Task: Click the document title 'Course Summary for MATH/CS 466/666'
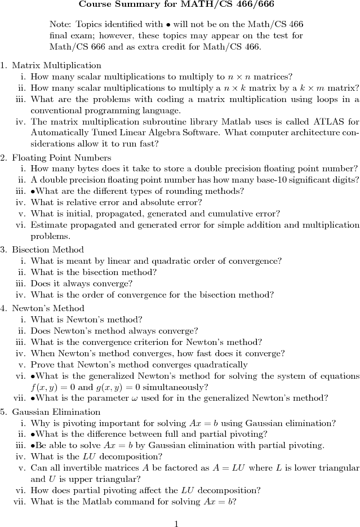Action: [176, 5]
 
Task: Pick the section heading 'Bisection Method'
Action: [48, 250]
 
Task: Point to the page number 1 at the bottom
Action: [176, 524]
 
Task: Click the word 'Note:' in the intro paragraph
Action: [60, 25]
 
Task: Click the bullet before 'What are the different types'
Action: [33, 191]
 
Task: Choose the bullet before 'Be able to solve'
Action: [33, 446]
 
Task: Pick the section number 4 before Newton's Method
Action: [3, 308]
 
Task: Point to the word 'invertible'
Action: [83, 468]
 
